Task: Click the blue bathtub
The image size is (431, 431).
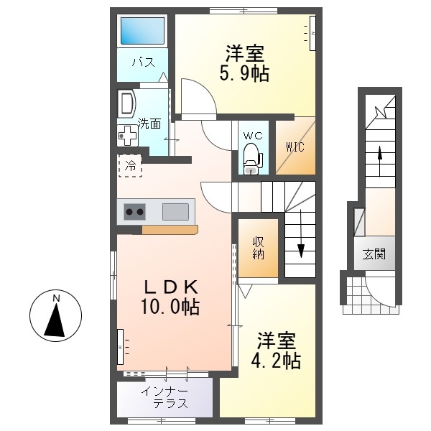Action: tap(143, 30)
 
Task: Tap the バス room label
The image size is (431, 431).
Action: tap(143, 62)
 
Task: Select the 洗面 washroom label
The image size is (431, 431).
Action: tap(149, 124)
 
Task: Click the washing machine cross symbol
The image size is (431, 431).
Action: tap(128, 135)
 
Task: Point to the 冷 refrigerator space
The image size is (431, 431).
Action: tap(130, 166)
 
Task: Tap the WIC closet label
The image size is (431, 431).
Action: tap(295, 147)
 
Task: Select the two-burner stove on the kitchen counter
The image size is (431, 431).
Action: tap(134, 212)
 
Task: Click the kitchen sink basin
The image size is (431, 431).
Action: tap(175, 212)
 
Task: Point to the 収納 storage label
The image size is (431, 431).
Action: tap(258, 249)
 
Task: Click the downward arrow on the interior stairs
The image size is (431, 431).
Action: tap(301, 234)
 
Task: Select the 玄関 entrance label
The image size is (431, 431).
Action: tap(374, 254)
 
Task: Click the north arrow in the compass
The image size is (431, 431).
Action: tap(55, 321)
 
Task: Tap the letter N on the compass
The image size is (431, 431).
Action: tap(56, 298)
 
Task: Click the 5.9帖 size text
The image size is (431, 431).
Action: tap(244, 74)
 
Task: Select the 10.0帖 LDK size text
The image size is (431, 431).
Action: tap(170, 306)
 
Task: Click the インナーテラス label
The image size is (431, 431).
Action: tap(166, 398)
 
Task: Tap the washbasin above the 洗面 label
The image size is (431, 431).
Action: tap(126, 103)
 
